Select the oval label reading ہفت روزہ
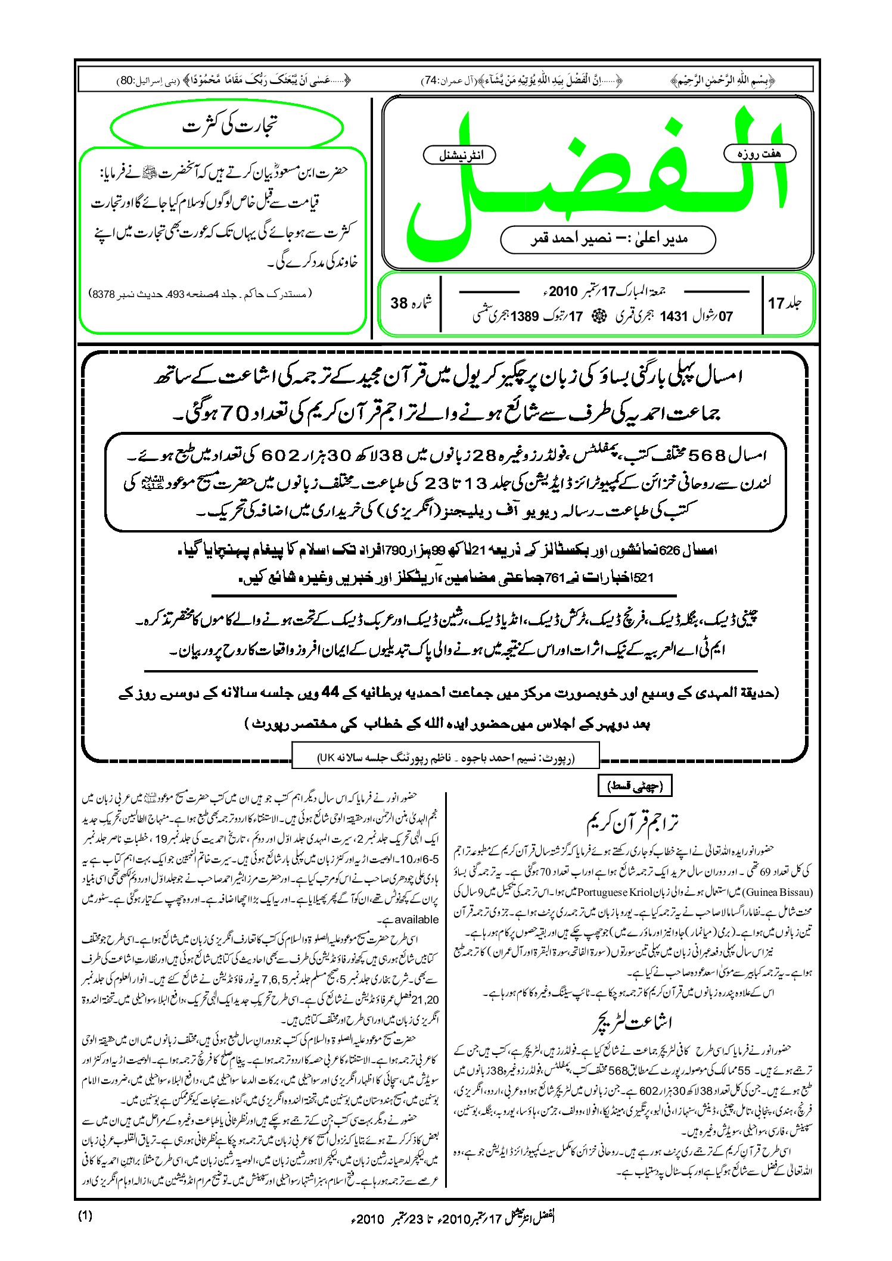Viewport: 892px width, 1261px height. click(759, 154)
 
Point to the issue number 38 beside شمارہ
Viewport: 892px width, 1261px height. click(399, 303)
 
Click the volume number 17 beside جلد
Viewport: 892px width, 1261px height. click(776, 304)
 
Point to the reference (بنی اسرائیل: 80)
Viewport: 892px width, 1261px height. click(141, 80)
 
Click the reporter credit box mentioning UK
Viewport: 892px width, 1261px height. click(445, 758)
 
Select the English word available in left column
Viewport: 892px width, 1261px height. click(417, 919)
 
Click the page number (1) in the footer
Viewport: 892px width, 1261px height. click(85, 1216)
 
